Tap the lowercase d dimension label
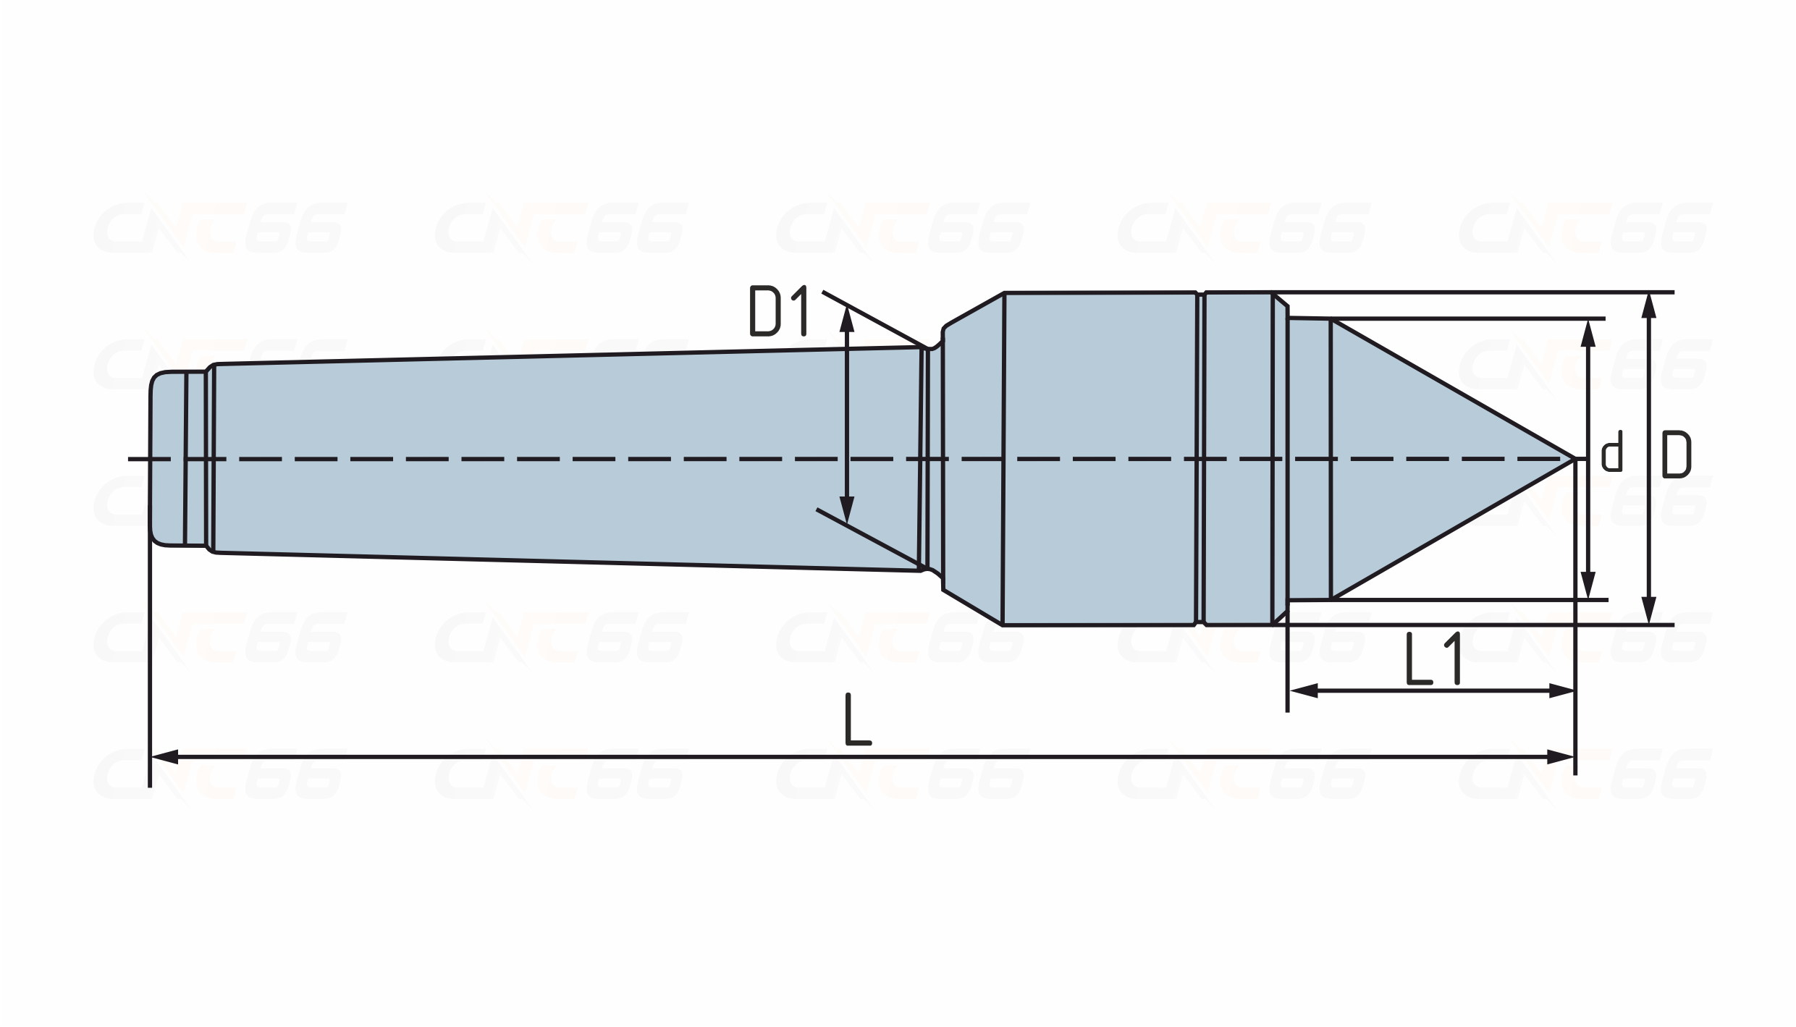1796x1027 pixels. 1612,452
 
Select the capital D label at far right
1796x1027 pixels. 1676,455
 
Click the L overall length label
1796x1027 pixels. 859,719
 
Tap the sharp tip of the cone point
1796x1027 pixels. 1574,459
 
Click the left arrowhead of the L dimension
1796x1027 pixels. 164,757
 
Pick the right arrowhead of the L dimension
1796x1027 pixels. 1561,757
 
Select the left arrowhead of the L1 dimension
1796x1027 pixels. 1303,691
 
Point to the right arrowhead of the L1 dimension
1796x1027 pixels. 1561,691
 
